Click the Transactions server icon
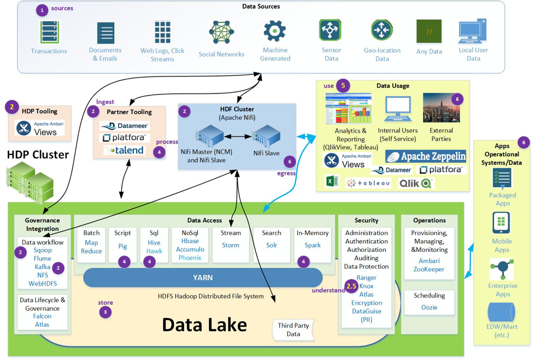pyautogui.click(x=49, y=32)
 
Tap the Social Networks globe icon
pyautogui.click(x=221, y=33)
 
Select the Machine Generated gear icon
pyautogui.click(x=274, y=32)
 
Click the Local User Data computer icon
pyautogui.click(x=473, y=31)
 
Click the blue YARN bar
pyautogui.click(x=203, y=278)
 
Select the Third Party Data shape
pyautogui.click(x=293, y=329)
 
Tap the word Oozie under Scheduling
pyautogui.click(x=429, y=308)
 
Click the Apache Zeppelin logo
pyautogui.click(x=426, y=156)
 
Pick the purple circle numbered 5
pyautogui.click(x=343, y=86)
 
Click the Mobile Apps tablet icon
pyautogui.click(x=501, y=223)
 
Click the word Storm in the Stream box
pyautogui.click(x=231, y=245)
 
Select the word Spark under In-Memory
pyautogui.click(x=313, y=245)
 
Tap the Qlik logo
pyautogui.click(x=415, y=184)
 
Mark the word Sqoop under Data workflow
pyautogui.click(x=42, y=250)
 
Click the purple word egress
pyautogui.click(x=287, y=173)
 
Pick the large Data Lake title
pyautogui.click(x=204, y=324)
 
